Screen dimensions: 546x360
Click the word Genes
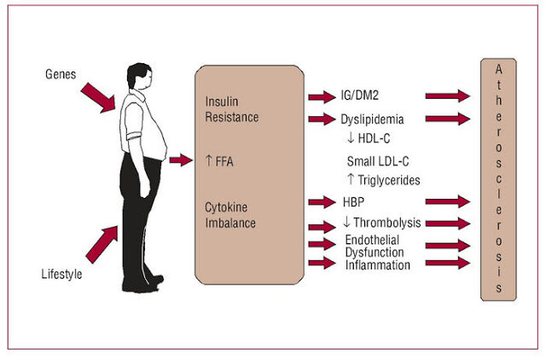61,74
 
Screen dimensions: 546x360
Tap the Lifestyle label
61,274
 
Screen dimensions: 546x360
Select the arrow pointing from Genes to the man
99,97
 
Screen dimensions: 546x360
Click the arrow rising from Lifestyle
102,244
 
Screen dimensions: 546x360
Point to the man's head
139,76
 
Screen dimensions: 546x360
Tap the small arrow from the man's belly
181,160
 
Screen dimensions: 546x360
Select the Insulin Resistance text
231,109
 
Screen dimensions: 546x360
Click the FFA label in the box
224,161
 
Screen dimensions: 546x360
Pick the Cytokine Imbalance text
230,215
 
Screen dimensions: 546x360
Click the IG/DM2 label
360,96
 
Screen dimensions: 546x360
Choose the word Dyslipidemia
372,119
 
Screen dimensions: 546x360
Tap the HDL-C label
374,138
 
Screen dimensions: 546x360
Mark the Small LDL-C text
378,161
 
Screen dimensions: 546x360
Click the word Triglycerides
389,180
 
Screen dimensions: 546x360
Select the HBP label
353,202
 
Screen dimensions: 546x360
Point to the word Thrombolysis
387,223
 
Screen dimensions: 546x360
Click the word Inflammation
377,265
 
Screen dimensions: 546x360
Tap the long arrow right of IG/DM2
448,96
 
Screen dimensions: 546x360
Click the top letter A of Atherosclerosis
498,69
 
